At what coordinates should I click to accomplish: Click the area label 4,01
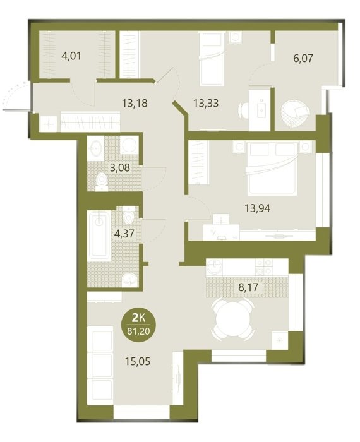coord(71,56)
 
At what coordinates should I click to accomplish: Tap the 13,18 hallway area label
coord(135,103)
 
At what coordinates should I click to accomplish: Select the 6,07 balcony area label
coord(303,58)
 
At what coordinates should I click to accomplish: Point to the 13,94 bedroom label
coord(258,208)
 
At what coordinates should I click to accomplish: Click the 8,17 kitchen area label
coord(248,287)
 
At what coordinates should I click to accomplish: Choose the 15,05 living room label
coord(138,361)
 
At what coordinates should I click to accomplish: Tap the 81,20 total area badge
coord(138,326)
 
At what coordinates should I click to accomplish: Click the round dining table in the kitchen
coord(233,320)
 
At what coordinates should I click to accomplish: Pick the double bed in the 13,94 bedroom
coord(272,169)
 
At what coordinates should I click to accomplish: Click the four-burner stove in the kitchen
coord(264,267)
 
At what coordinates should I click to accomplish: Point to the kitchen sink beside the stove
coord(215,267)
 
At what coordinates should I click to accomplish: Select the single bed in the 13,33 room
coord(212,59)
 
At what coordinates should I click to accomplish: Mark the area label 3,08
coord(120,168)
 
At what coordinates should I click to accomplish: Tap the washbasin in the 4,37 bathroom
coord(129,280)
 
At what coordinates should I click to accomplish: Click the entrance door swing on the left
coord(16,96)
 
